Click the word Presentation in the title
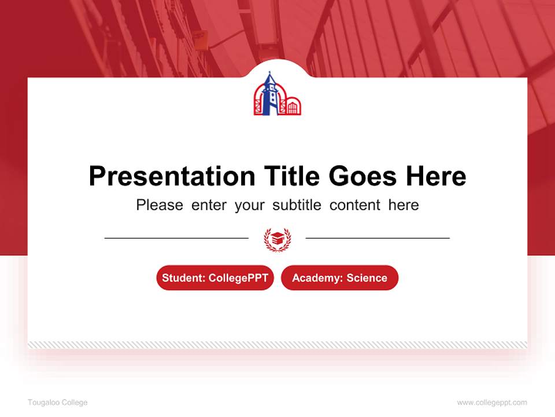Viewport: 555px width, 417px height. pos(172,176)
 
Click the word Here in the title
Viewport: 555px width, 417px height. pos(435,176)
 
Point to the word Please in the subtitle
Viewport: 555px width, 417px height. pos(160,205)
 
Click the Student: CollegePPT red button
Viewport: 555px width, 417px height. pos(215,278)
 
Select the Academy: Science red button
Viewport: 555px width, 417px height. pos(339,278)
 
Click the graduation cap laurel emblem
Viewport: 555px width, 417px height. pos(277,238)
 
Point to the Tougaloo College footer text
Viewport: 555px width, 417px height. pos(58,403)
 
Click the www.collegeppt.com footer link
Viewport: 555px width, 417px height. pos(492,403)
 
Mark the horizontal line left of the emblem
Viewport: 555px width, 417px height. pos(176,238)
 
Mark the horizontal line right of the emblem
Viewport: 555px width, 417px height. pos(378,238)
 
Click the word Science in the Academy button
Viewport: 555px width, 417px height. pos(367,278)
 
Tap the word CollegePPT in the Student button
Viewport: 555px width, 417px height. pos(238,278)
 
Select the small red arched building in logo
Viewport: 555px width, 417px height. pos(293,106)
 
